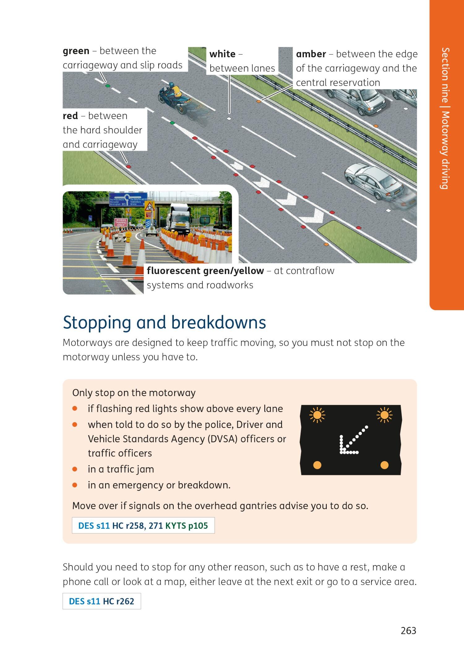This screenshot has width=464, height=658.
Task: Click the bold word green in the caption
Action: click(x=76, y=51)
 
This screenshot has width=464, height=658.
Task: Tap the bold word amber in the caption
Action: click(x=311, y=54)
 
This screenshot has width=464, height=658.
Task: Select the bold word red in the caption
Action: click(x=70, y=116)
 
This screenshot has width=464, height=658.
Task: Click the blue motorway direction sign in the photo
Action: click(x=128, y=200)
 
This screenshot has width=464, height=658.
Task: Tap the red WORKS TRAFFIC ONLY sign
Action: click(x=121, y=222)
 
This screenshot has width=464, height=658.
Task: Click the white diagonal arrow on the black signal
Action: click(x=353, y=440)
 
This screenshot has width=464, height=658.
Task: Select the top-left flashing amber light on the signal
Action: click(x=317, y=415)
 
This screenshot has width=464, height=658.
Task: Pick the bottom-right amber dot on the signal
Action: click(x=384, y=465)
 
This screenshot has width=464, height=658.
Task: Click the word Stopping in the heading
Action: click(x=97, y=323)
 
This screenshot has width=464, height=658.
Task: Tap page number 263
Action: click(x=408, y=630)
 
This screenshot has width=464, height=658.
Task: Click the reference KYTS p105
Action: click(x=187, y=526)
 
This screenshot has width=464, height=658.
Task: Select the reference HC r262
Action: click(x=118, y=601)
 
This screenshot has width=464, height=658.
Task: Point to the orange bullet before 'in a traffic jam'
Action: click(x=75, y=469)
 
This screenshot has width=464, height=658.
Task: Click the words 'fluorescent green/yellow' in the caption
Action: click(x=205, y=271)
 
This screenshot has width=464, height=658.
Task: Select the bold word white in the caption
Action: click(x=222, y=54)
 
